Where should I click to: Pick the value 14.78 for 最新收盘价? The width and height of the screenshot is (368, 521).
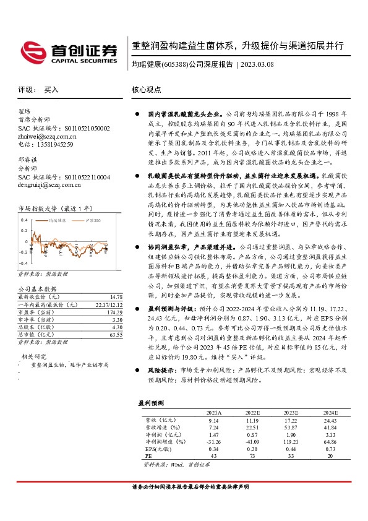coord(116,297)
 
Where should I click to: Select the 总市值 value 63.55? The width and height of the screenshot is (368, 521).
coord(116,335)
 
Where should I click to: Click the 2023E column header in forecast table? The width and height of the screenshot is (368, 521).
coord(289,411)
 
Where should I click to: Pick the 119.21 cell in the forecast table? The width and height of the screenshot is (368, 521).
coord(289,442)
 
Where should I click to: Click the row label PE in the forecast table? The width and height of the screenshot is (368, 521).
coord(148,456)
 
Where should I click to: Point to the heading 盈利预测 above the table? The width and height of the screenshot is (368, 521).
coord(152,403)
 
